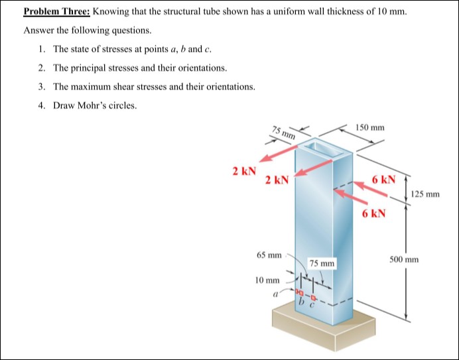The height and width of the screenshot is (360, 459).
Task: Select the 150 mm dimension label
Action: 369,127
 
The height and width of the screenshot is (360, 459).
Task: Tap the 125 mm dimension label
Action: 425,194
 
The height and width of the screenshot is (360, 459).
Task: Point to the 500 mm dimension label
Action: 405,259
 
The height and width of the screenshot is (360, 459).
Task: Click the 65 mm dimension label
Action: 269,255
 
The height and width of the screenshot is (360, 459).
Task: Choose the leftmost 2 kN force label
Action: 243,171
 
